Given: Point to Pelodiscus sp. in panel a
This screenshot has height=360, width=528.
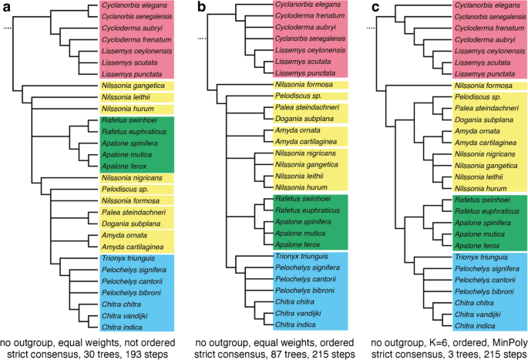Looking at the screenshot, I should (121, 189).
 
